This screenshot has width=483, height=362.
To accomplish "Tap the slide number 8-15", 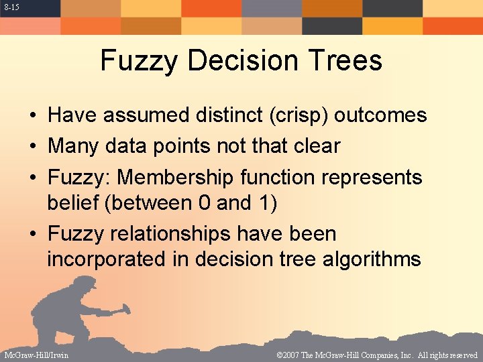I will tap(9, 7).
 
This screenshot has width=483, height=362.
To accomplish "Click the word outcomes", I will tap(380, 115).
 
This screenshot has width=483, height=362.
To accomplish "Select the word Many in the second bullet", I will tap(74, 146).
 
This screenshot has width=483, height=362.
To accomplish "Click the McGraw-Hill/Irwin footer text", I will tap(36, 355).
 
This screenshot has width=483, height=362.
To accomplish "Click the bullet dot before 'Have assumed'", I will tap(33, 116).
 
